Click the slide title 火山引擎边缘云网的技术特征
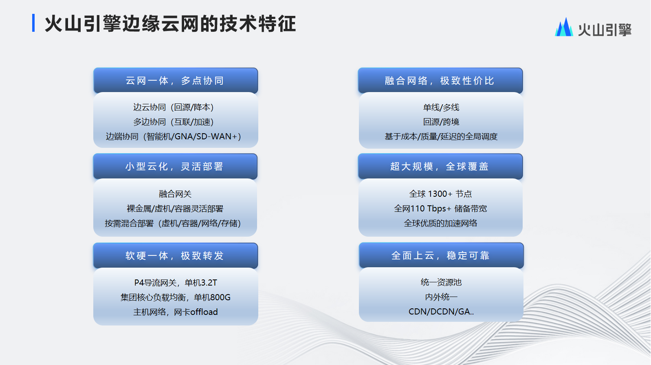click(x=170, y=24)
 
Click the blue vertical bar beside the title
click(x=33, y=23)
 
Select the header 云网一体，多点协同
click(x=175, y=81)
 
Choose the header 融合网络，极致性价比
click(x=440, y=81)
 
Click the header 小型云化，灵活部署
click(x=175, y=166)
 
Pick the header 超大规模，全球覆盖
click(x=440, y=166)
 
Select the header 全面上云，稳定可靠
click(x=441, y=255)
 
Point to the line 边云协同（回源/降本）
click(x=174, y=107)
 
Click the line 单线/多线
click(x=441, y=108)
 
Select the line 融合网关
click(x=175, y=194)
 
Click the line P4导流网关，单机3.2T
click(x=176, y=282)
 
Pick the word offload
click(x=204, y=312)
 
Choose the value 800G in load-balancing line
click(x=220, y=297)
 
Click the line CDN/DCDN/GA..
click(x=441, y=312)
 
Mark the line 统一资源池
click(x=441, y=282)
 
